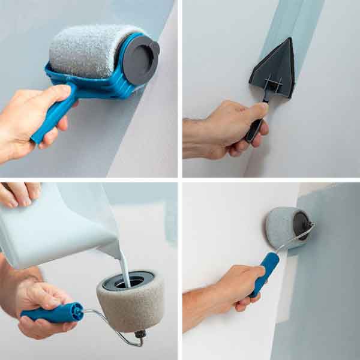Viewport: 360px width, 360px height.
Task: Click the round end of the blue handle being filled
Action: [76, 311]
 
